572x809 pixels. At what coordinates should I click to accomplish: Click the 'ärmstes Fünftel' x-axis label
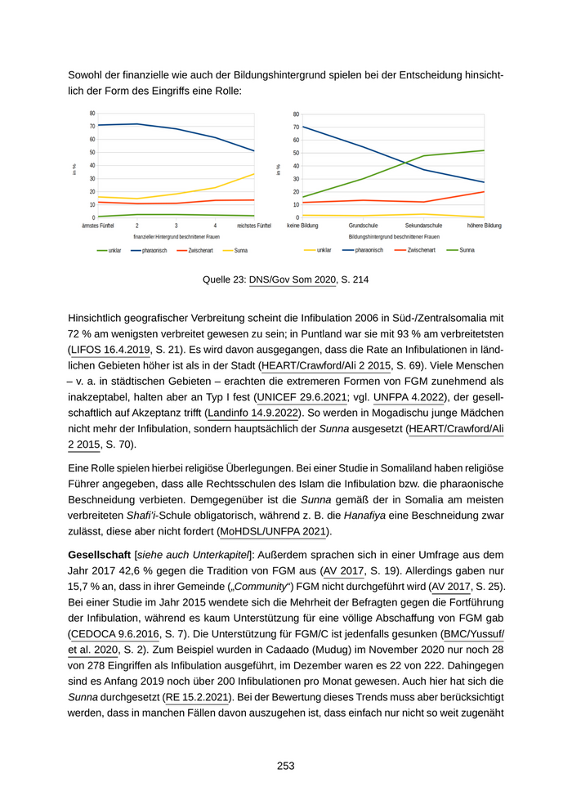97,225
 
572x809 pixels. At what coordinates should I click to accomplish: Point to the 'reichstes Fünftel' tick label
253,225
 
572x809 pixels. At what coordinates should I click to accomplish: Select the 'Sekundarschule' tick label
423,225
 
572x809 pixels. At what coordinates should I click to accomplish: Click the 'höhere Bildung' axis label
484,225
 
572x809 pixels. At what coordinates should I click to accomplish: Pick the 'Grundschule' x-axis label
363,225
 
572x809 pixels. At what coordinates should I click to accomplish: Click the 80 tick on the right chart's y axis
295,114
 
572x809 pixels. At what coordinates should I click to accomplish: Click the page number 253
285,766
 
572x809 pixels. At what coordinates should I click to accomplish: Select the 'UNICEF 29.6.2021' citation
302,397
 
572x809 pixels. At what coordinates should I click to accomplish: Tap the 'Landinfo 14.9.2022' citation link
254,413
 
